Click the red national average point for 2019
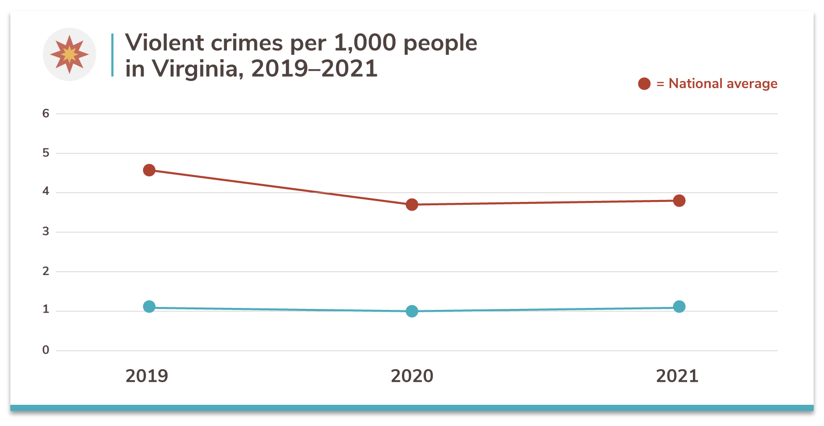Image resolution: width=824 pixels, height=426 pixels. tap(149, 170)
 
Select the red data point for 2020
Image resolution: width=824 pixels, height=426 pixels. tap(412, 205)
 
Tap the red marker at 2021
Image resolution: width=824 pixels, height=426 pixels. tap(679, 200)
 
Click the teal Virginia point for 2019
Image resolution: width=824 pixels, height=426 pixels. tap(149, 306)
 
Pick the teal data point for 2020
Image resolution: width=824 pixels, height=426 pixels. tap(412, 311)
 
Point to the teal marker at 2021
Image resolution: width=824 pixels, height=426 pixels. tap(679, 306)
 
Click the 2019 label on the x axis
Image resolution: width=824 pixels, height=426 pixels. tap(146, 376)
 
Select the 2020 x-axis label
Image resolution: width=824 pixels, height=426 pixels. tap(412, 376)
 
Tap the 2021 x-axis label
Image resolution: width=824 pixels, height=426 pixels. tap(677, 376)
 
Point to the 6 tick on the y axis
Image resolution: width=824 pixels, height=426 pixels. tap(46, 114)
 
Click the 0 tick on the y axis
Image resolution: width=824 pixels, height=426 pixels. tap(46, 350)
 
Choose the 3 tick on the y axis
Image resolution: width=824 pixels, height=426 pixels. tap(46, 232)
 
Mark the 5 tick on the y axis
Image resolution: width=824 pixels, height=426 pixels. tap(46, 153)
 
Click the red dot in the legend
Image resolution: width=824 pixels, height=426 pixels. tap(644, 84)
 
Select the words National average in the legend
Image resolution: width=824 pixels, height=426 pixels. tap(723, 84)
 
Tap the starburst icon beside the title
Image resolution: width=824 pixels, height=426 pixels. tap(69, 54)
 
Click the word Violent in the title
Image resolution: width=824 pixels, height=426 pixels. tap(164, 43)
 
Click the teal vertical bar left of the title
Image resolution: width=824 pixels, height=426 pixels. tap(112, 55)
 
